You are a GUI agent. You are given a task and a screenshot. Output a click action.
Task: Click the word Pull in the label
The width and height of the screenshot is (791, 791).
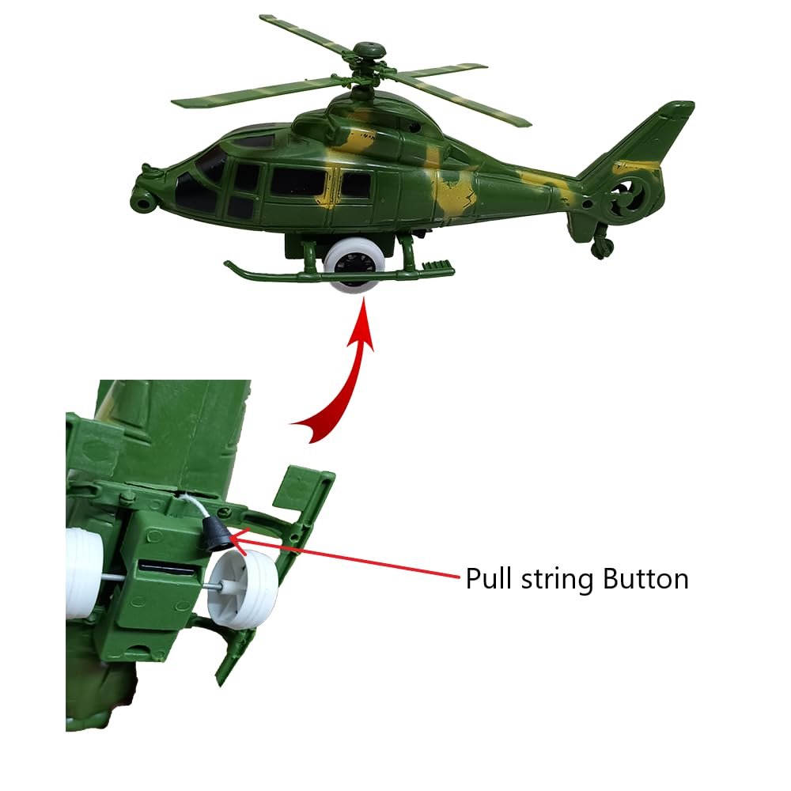[x=490, y=578]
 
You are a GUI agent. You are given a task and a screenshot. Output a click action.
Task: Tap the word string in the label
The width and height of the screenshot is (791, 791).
[x=556, y=580]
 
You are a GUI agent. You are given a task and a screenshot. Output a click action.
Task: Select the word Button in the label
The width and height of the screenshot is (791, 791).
[x=645, y=579]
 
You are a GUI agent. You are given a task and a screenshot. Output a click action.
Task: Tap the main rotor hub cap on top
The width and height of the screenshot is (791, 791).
[x=369, y=51]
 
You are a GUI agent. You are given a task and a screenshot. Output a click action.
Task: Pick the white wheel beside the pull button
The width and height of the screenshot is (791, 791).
[x=242, y=589]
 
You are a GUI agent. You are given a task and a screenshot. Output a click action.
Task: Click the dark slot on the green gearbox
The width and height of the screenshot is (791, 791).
[x=166, y=568]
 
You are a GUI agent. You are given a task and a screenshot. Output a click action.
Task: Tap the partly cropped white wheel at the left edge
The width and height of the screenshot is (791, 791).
[x=84, y=572]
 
